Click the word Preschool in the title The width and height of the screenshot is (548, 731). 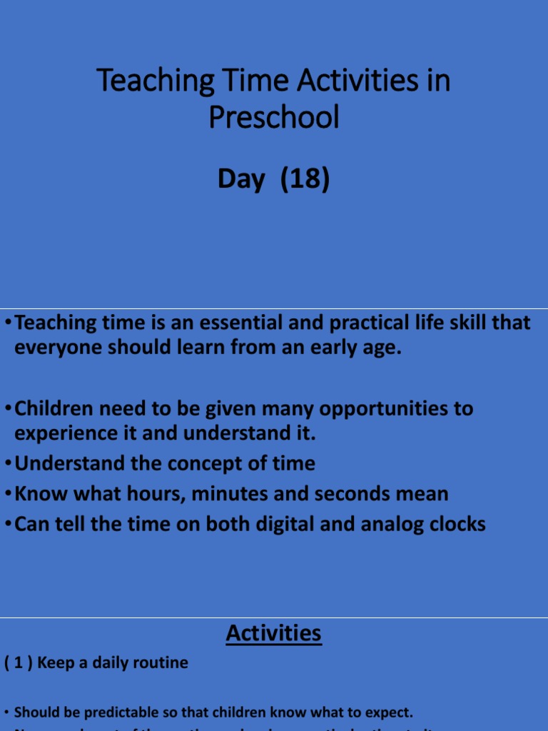(x=274, y=118)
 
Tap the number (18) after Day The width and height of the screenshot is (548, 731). (x=305, y=179)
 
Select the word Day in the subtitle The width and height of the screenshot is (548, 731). (x=240, y=179)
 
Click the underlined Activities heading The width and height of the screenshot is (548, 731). (x=274, y=633)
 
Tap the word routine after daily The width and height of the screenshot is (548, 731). (x=161, y=663)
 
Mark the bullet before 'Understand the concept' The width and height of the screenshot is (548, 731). (x=8, y=464)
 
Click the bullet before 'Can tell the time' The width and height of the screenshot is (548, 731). (x=8, y=525)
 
